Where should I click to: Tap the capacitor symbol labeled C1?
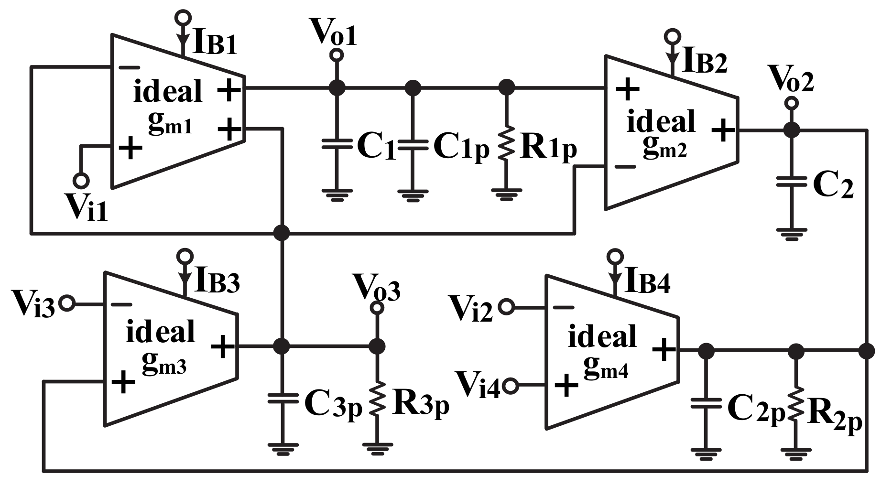[x=337, y=144]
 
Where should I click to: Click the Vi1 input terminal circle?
[x=81, y=181]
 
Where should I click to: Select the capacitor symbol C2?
[x=791, y=182]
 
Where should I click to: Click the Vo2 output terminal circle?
[x=792, y=103]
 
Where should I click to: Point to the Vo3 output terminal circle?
[x=377, y=308]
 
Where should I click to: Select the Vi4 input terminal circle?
[x=511, y=385]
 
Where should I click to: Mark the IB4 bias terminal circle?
[x=615, y=257]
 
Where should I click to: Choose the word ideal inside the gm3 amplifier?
[x=160, y=332]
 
